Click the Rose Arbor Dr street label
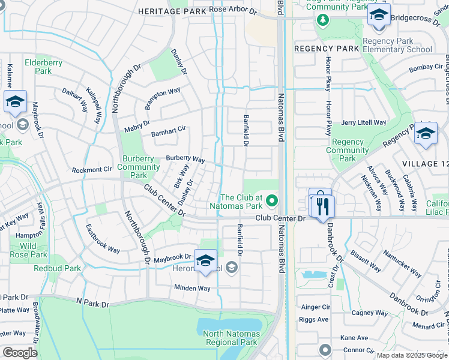coord(232,10)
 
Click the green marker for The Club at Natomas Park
coord(272,200)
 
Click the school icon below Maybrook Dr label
coord(205,262)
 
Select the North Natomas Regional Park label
coord(231,338)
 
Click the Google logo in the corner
coord(19,353)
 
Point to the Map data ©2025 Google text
coord(411,355)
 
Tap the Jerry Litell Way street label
coord(363,122)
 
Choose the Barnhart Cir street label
coord(169,131)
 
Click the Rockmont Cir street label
coord(92,170)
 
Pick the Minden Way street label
coord(192,288)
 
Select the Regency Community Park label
coord(348,150)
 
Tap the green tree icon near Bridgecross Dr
coord(323,20)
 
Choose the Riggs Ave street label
coord(313,319)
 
